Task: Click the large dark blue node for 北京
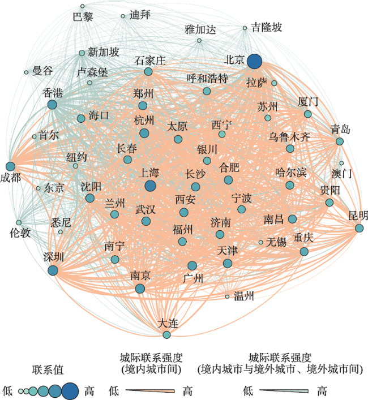pyautogui.click(x=254, y=62)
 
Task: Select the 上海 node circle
pyautogui.click(x=150, y=186)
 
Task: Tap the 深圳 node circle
pyautogui.click(x=53, y=270)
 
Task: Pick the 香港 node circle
pyautogui.click(x=52, y=104)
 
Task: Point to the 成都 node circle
pyautogui.click(x=10, y=166)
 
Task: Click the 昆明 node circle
pyautogui.click(x=359, y=228)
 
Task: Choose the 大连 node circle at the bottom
pyautogui.click(x=166, y=335)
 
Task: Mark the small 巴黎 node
pyautogui.click(x=82, y=6)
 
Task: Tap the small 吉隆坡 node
pyautogui.click(x=245, y=28)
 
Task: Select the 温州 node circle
pyautogui.click(x=227, y=296)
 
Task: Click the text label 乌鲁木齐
pyautogui.click(x=289, y=137)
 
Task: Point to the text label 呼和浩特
pyautogui.click(x=207, y=78)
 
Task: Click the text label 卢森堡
pyautogui.click(x=92, y=72)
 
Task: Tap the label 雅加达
pyautogui.click(x=200, y=29)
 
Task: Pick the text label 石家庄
pyautogui.click(x=150, y=61)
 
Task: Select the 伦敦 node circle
pyautogui.click(x=19, y=222)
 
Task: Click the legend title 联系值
pyautogui.click(x=48, y=369)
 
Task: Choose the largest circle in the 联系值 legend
pyautogui.click(x=70, y=391)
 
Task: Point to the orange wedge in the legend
pyautogui.click(x=150, y=391)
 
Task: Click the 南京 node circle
pyautogui.click(x=140, y=289)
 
